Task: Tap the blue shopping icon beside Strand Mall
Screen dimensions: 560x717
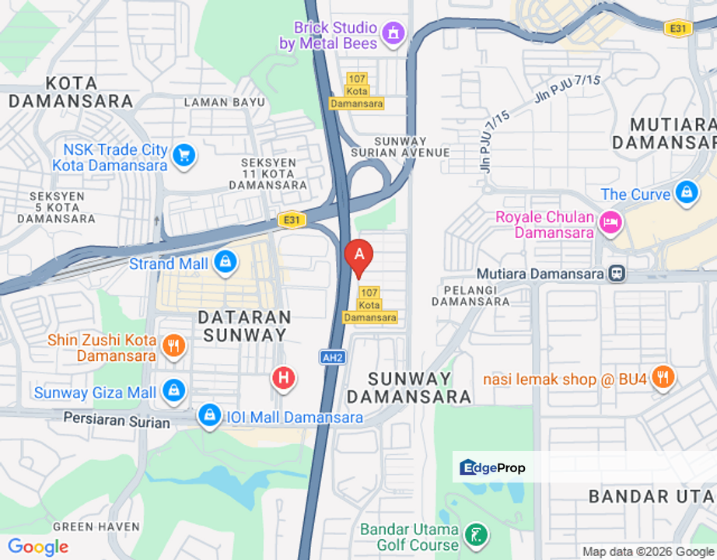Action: [x=226, y=263]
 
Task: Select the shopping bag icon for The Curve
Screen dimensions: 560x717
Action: [x=687, y=193]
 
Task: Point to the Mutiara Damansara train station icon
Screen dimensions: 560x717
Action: [x=618, y=274]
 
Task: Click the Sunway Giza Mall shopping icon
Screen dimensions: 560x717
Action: [x=173, y=391]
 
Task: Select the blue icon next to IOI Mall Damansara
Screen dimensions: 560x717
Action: [x=209, y=416]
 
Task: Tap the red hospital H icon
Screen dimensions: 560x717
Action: [x=283, y=379]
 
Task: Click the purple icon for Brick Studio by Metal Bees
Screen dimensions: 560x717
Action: [x=393, y=33]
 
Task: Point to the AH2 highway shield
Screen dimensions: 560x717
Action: [x=332, y=357]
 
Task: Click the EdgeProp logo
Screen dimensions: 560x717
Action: [x=493, y=467]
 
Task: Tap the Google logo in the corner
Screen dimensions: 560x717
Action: [x=37, y=547]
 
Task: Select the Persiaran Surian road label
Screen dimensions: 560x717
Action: [x=117, y=422]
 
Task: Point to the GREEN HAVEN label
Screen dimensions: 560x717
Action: [x=96, y=527]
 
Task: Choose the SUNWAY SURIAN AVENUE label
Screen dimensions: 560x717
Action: [x=400, y=147]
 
